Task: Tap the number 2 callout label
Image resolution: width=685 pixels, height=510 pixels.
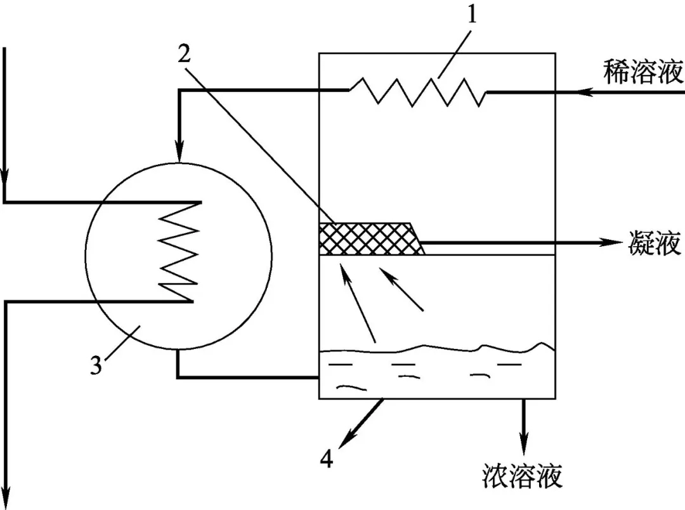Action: pos(185,55)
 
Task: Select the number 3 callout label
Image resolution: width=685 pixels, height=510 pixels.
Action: pos(96,366)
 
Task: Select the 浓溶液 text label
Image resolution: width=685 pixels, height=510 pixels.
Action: pos(522,475)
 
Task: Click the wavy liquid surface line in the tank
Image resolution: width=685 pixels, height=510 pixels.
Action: pos(438,348)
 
